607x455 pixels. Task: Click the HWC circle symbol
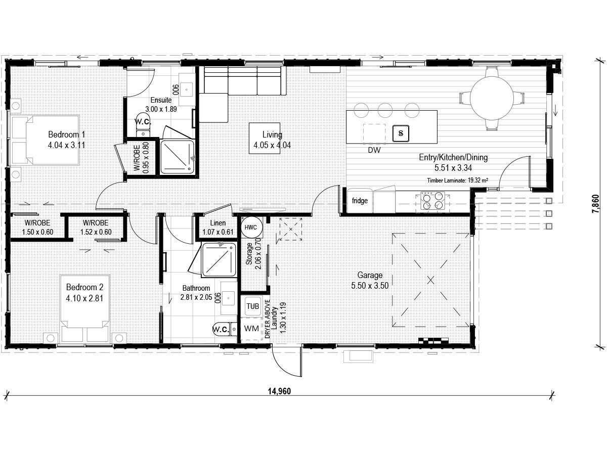click(x=250, y=227)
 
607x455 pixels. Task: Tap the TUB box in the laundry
click(x=251, y=306)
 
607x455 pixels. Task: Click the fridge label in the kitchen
click(x=360, y=201)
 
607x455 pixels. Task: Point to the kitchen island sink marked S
click(x=401, y=133)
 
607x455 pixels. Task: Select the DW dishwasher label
click(x=374, y=150)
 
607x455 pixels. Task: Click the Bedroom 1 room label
click(x=66, y=134)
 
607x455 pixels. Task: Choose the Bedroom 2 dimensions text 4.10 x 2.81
click(x=84, y=298)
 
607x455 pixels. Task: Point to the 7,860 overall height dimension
click(x=597, y=205)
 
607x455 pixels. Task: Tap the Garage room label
click(x=370, y=276)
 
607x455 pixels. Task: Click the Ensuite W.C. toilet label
click(x=144, y=121)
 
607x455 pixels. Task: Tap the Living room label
click(x=272, y=134)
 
